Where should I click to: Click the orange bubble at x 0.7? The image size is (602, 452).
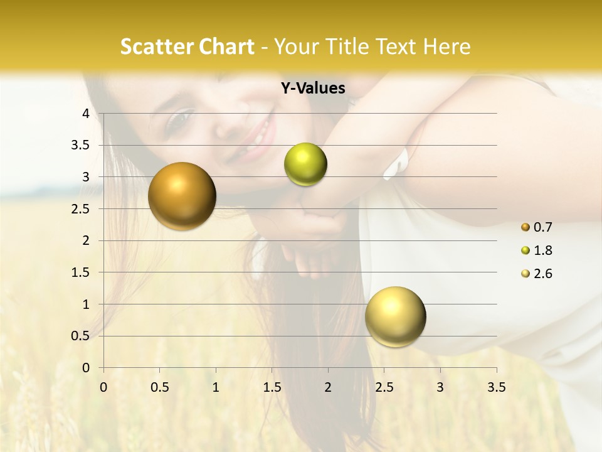click(x=182, y=196)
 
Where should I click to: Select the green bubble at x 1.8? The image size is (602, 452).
click(x=305, y=164)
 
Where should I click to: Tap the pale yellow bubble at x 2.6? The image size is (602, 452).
click(x=395, y=316)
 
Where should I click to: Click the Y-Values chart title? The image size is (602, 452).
click(x=313, y=89)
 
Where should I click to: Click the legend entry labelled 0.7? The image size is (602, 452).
click(x=536, y=227)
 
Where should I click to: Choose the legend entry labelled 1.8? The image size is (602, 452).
click(x=536, y=250)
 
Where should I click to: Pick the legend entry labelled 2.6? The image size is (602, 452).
click(x=536, y=274)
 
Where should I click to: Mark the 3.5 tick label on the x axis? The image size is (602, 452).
click(x=496, y=387)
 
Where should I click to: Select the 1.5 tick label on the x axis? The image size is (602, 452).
click(x=272, y=387)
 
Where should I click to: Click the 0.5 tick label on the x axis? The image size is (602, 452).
click(x=160, y=387)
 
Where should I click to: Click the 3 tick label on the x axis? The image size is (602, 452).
click(x=440, y=387)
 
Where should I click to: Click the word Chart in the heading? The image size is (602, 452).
click(x=227, y=46)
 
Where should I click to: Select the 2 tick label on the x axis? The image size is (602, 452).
click(x=328, y=387)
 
